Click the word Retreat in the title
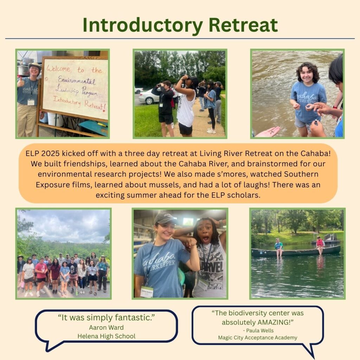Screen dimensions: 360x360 (x=243, y=25)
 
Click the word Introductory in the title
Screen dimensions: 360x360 (x=143, y=26)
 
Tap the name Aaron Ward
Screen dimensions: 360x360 (x=106, y=327)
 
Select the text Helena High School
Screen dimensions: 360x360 (x=106, y=336)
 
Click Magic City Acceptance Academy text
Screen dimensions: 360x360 (x=258, y=338)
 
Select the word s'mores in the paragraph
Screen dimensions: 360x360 (x=236, y=174)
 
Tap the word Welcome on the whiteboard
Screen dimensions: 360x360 (x=59, y=69)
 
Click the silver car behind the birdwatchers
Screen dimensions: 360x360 (x=149, y=96)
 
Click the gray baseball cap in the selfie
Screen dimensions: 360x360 (x=165, y=218)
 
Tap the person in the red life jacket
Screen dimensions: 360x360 (x=320, y=245)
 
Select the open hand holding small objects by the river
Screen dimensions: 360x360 (x=269, y=132)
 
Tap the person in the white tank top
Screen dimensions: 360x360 (x=187, y=105)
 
